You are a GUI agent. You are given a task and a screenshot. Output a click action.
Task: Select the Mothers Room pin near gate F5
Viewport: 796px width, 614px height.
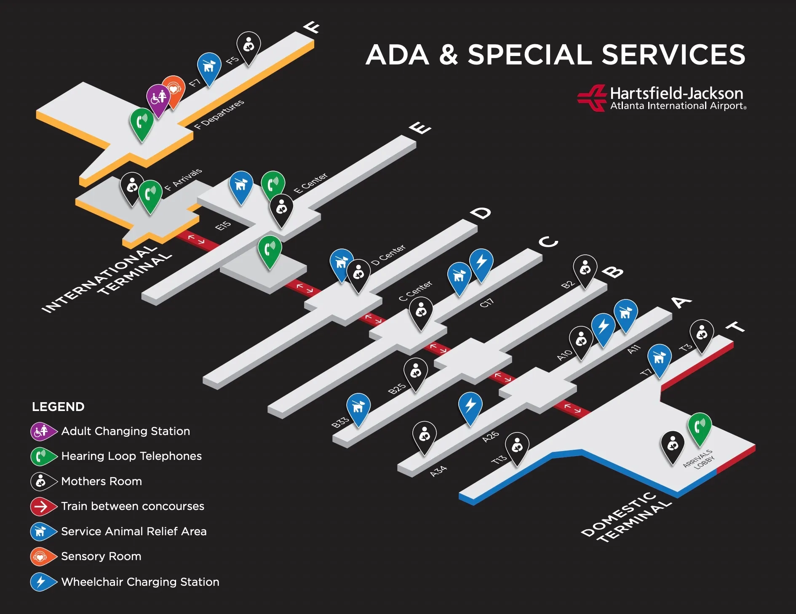tap(248, 45)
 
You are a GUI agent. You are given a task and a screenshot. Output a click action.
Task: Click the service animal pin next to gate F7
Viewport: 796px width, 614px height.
tap(209, 66)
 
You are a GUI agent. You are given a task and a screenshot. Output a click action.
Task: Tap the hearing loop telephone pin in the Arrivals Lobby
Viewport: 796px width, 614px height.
tap(700, 427)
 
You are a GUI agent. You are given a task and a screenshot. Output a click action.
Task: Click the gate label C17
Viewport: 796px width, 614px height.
tap(486, 303)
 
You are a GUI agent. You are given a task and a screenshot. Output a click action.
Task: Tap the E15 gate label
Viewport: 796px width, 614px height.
tap(223, 226)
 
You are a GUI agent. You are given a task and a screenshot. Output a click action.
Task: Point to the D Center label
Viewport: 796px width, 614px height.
tap(388, 255)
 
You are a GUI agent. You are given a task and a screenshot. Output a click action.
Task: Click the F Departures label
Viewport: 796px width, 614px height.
tap(219, 114)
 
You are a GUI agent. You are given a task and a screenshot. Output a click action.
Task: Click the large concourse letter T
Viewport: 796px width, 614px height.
tap(735, 327)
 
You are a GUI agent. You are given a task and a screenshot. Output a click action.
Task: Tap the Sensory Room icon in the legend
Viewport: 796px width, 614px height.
tap(40, 557)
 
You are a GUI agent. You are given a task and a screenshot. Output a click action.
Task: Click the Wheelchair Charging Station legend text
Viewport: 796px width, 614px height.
tap(140, 582)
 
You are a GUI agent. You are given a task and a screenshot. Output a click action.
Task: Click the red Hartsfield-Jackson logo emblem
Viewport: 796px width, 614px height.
tap(592, 98)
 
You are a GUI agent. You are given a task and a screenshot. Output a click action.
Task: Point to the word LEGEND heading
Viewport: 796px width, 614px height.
tap(58, 407)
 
